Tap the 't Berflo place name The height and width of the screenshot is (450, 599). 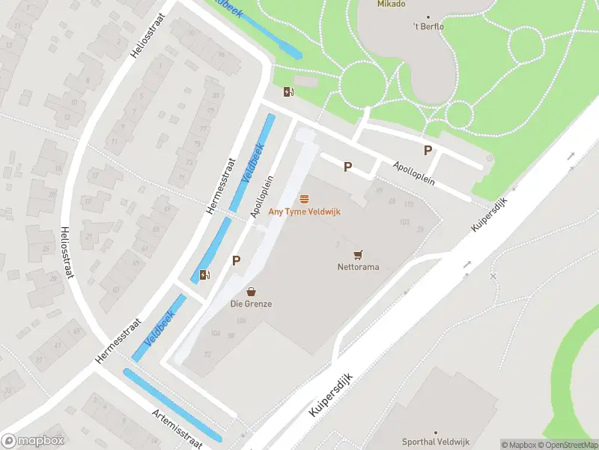(x=429, y=28)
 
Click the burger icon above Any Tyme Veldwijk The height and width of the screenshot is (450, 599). (x=305, y=199)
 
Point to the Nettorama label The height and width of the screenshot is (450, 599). (x=358, y=267)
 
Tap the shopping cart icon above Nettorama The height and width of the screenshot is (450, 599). (x=358, y=254)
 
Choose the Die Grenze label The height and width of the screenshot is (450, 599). (x=251, y=304)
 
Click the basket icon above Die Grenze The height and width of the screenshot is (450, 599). (x=252, y=291)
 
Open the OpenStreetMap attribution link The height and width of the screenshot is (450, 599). (x=568, y=445)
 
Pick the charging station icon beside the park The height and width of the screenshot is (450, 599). (x=288, y=92)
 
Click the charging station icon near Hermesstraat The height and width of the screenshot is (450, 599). (x=204, y=274)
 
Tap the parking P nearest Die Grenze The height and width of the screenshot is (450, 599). (x=237, y=261)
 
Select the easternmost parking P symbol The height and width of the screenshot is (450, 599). (x=428, y=150)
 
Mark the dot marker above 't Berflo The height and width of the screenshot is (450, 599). (x=429, y=17)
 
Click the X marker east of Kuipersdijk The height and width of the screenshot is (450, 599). (x=493, y=277)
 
